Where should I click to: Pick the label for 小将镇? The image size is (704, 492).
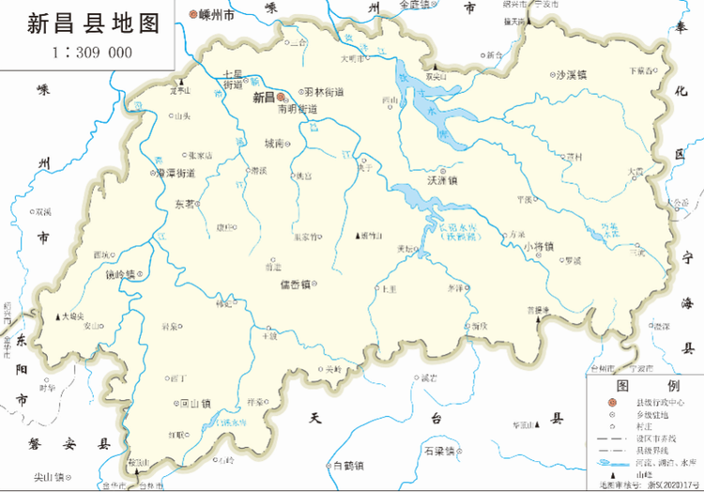coord(539,248)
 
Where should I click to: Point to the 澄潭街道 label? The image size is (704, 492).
coord(175,174)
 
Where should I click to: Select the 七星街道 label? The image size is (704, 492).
coord(234,79)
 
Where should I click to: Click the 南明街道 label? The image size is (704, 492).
coord(298,109)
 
